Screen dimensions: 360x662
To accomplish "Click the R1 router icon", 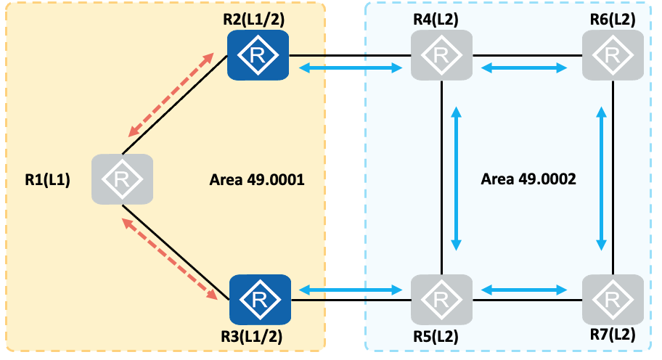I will tap(122, 179).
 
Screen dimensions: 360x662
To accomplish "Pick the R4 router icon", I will tap(442, 55).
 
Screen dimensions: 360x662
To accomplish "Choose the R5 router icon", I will tap(441, 298).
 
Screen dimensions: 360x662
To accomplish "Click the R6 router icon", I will tap(613, 55).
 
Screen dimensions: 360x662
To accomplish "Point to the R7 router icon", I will tap(613, 298).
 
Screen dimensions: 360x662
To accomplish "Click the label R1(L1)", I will tap(47, 179).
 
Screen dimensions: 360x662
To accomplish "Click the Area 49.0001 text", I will tap(256, 179).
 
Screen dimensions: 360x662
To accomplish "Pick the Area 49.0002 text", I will tap(528, 179).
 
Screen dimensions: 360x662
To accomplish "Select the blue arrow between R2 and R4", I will tap(351, 68).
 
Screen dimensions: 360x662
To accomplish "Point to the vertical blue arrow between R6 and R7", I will tap(602, 179).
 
